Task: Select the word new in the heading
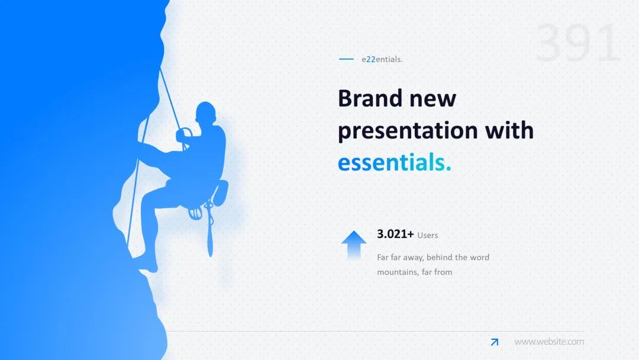[433, 99]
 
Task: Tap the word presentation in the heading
[408, 131]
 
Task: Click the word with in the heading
[509, 130]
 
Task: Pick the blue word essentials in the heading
[395, 162]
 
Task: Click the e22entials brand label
[382, 59]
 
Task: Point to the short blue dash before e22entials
[346, 59]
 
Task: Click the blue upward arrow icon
[354, 245]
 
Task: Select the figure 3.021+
[395, 234]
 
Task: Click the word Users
[428, 235]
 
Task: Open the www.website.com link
[549, 342]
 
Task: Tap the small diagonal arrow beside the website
[494, 342]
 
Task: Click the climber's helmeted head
[206, 112]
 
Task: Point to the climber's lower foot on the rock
[149, 267]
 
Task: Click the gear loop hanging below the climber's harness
[210, 230]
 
